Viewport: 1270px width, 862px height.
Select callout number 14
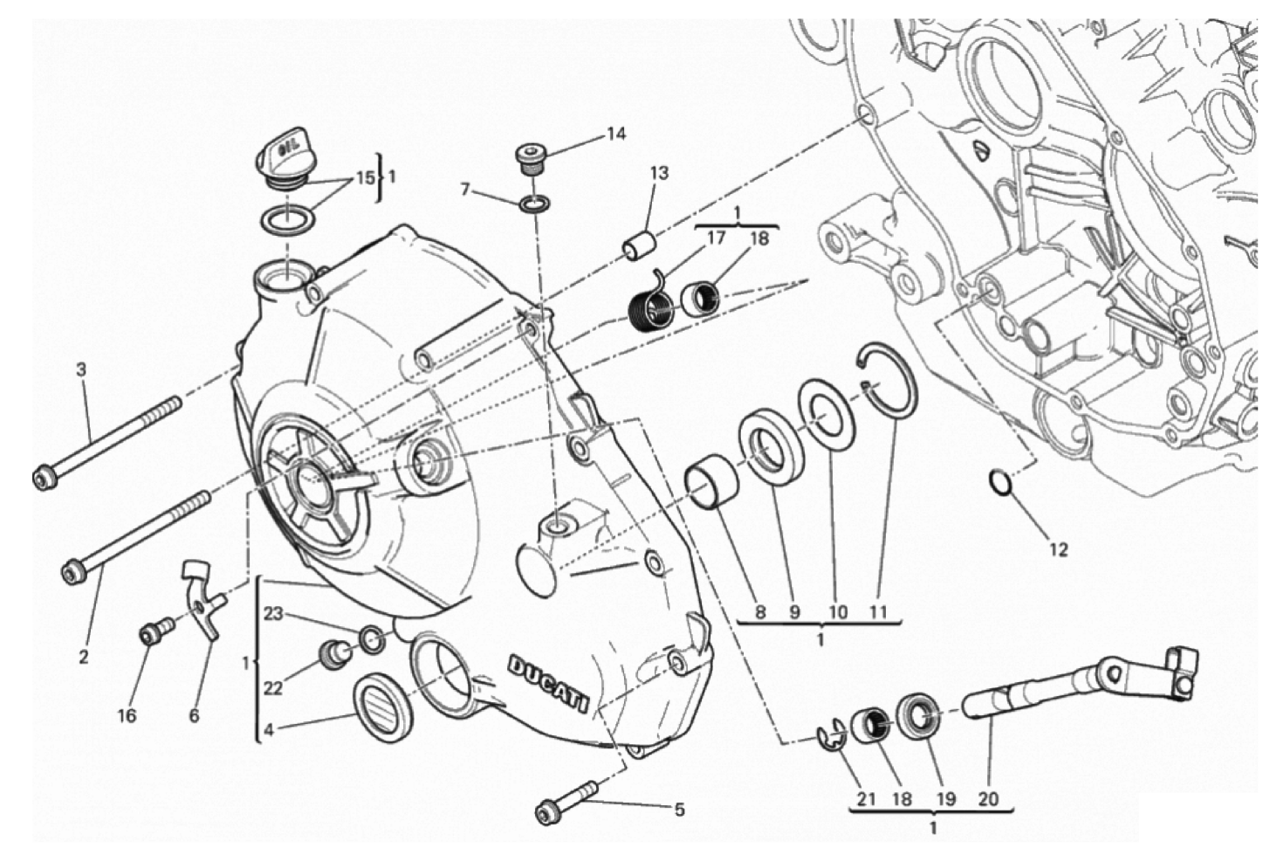(x=616, y=134)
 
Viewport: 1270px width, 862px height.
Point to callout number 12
(x=1058, y=550)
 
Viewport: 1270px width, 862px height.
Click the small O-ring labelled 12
(x=1001, y=481)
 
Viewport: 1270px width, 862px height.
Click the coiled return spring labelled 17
(x=650, y=307)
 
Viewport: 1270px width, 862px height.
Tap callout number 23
(x=273, y=614)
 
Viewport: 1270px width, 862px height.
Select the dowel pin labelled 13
(x=639, y=245)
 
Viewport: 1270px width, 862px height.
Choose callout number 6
(x=193, y=715)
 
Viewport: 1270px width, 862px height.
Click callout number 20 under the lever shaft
(x=988, y=798)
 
